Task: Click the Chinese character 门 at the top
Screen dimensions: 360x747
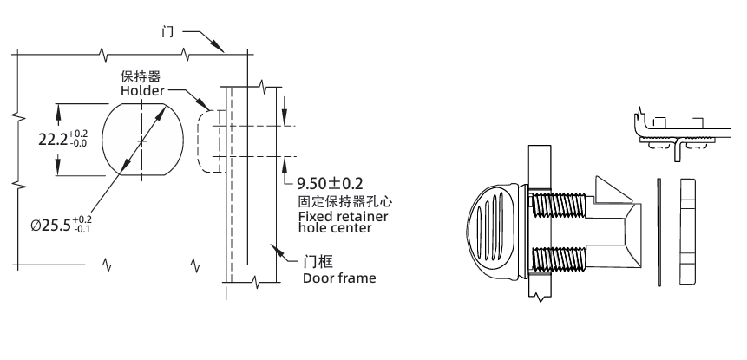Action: coord(167,32)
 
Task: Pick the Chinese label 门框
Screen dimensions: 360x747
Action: coord(314,261)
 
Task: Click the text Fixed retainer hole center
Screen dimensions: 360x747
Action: coord(342,221)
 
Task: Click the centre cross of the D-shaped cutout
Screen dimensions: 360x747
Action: coord(143,140)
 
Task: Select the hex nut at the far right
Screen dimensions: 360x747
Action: coord(688,232)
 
